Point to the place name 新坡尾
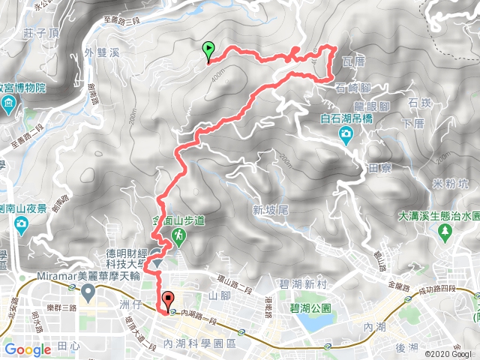tap(271, 211)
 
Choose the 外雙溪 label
tap(102, 53)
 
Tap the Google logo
tap(28, 349)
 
